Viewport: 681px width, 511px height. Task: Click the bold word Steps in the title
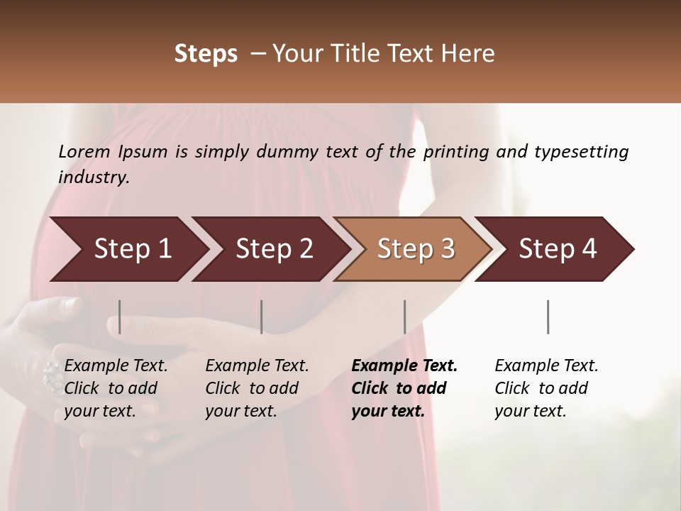pyautogui.click(x=206, y=54)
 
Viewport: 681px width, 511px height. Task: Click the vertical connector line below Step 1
pyautogui.click(x=119, y=317)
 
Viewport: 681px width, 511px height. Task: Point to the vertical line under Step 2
pyautogui.click(x=261, y=317)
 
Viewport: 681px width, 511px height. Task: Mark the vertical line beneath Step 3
pyautogui.click(x=404, y=317)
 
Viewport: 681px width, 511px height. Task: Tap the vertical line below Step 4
pyautogui.click(x=548, y=317)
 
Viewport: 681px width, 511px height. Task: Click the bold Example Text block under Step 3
pyautogui.click(x=404, y=388)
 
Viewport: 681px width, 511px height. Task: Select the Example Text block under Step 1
pyautogui.click(x=116, y=388)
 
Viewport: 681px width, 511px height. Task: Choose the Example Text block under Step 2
pyautogui.click(x=257, y=388)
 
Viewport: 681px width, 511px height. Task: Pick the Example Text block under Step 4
pyautogui.click(x=546, y=388)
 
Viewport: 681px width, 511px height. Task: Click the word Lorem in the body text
pyautogui.click(x=84, y=152)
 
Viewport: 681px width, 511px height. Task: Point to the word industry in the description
pyautogui.click(x=94, y=177)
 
